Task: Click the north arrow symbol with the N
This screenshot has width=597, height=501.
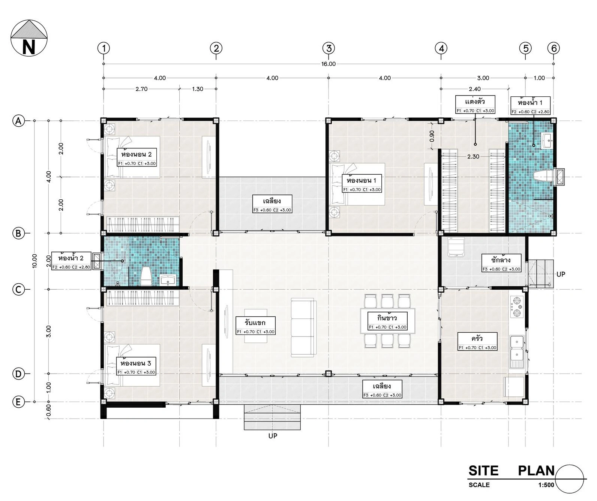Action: point(29,38)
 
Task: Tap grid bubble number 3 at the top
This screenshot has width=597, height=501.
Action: point(328,48)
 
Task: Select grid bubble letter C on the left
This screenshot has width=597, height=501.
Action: point(18,290)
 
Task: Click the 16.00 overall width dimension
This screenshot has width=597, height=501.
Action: point(328,64)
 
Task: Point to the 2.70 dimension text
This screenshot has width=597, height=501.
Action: point(141,89)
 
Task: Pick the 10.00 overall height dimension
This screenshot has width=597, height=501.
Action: point(34,261)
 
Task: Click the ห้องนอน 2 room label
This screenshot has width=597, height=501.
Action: point(136,155)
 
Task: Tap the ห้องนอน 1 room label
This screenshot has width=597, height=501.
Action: point(362,181)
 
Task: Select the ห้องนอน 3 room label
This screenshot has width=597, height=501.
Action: point(136,363)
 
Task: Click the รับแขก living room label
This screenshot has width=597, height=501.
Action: point(255,323)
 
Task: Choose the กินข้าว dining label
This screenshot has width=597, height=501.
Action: point(387,318)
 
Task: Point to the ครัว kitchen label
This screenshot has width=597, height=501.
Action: point(477,339)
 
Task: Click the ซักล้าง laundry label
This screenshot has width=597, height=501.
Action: point(501,260)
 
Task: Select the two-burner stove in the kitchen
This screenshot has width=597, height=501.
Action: point(517,307)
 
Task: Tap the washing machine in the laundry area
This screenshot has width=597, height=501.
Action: point(456,247)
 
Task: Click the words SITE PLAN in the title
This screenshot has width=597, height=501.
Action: point(511,471)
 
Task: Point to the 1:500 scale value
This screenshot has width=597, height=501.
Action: point(546,485)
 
